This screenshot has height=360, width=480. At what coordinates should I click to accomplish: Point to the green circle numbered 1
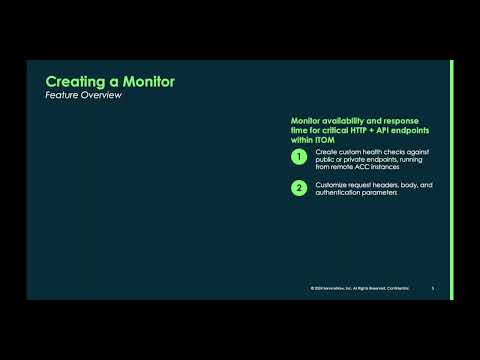coord(298,157)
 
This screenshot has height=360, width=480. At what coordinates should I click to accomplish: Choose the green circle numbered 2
coord(298,188)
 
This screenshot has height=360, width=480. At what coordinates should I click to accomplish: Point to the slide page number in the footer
coord(432,290)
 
